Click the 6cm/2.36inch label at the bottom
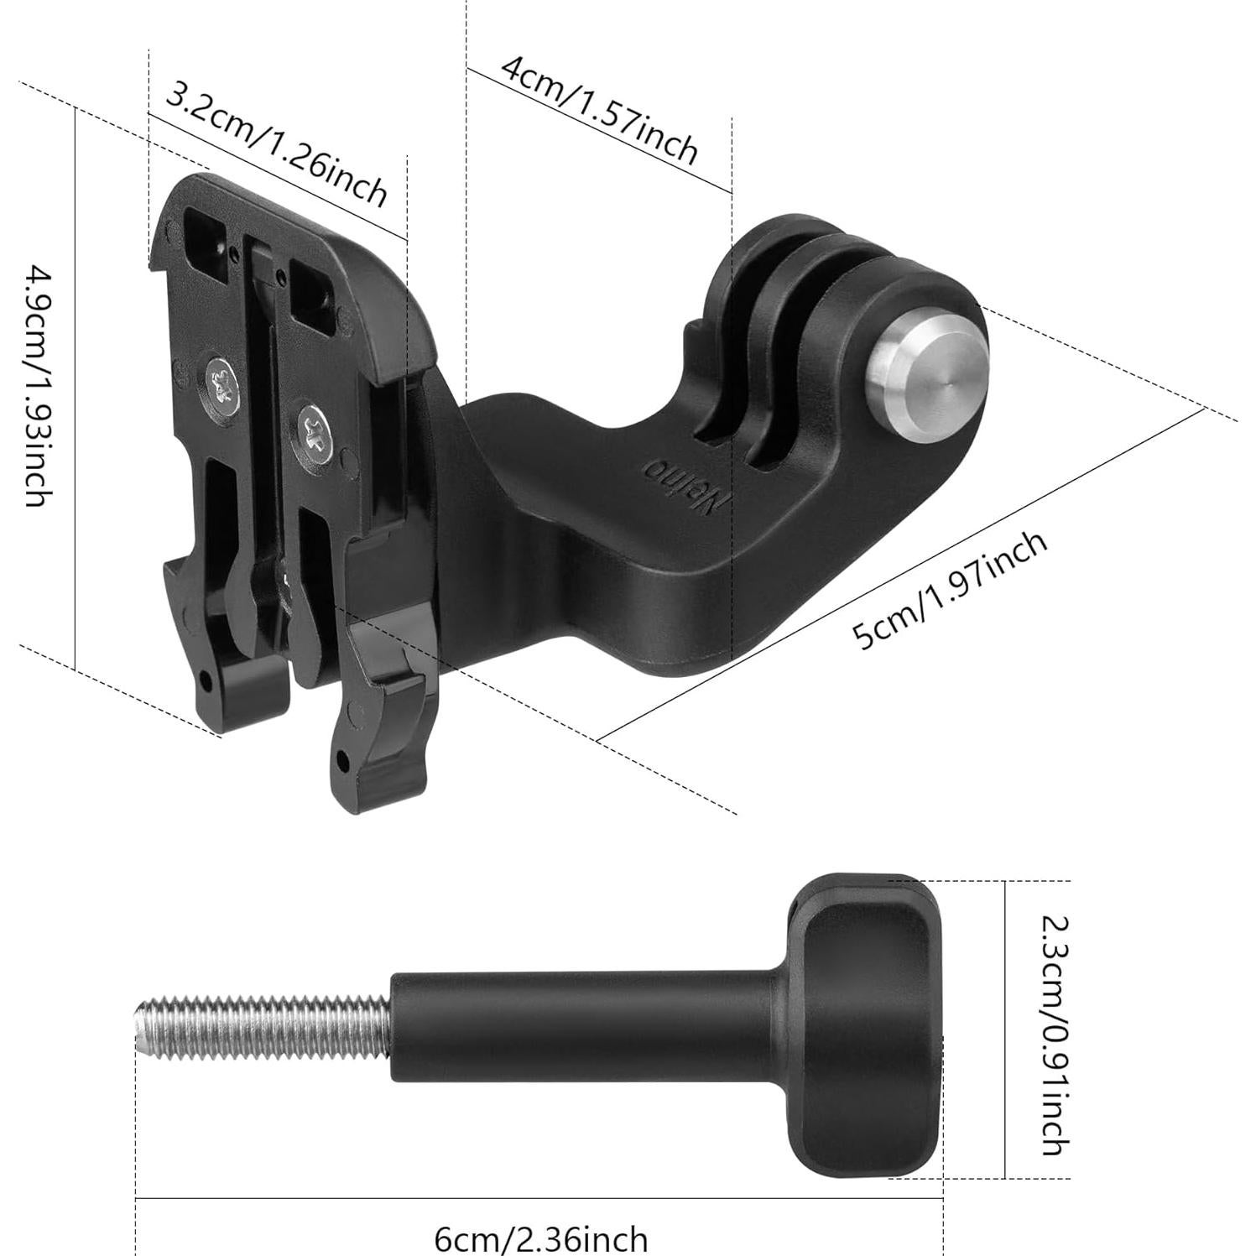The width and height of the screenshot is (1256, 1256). coord(540,1238)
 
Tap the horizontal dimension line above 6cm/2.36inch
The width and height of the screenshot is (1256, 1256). coord(537,1197)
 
